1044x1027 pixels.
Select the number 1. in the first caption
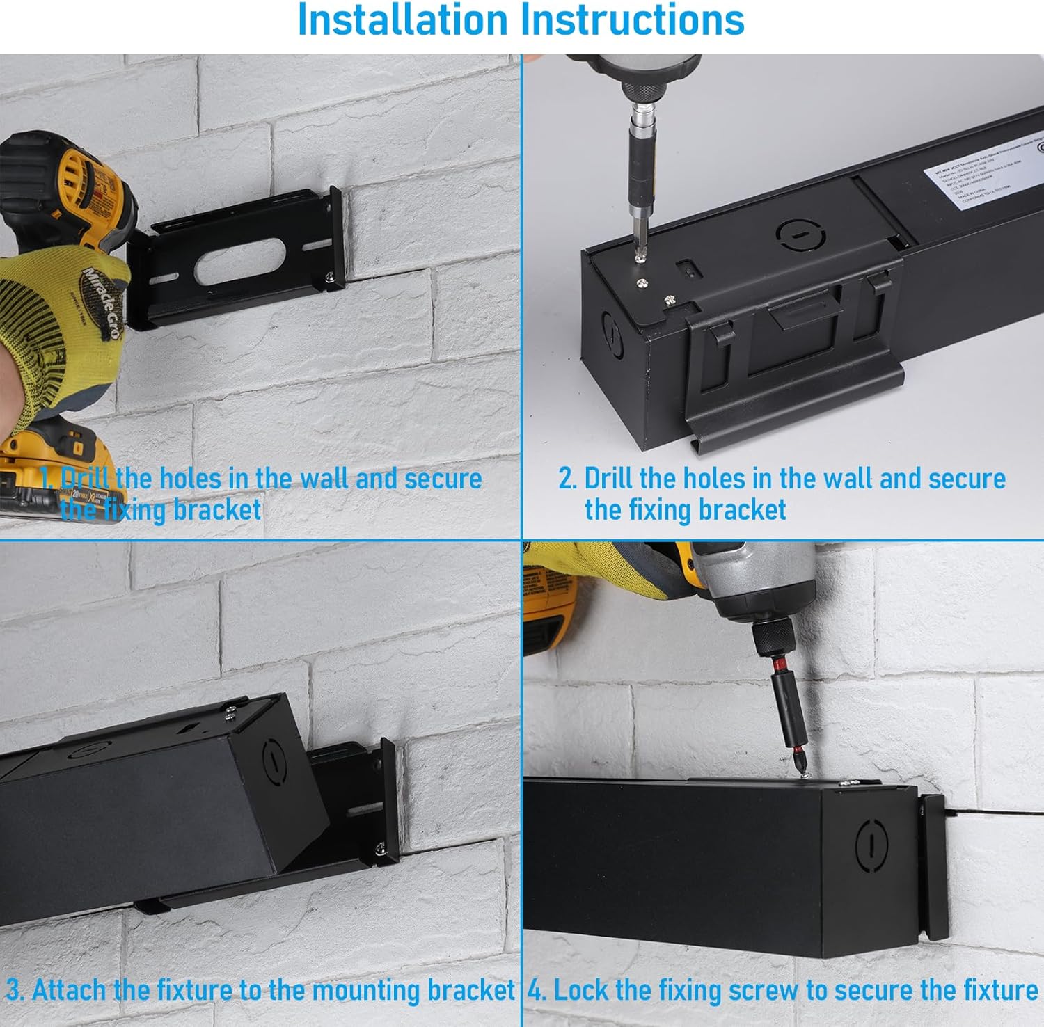pyautogui.click(x=47, y=479)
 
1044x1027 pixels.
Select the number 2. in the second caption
pyautogui.click(x=567, y=479)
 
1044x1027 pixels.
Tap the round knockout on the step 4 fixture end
pyautogui.click(x=870, y=846)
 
